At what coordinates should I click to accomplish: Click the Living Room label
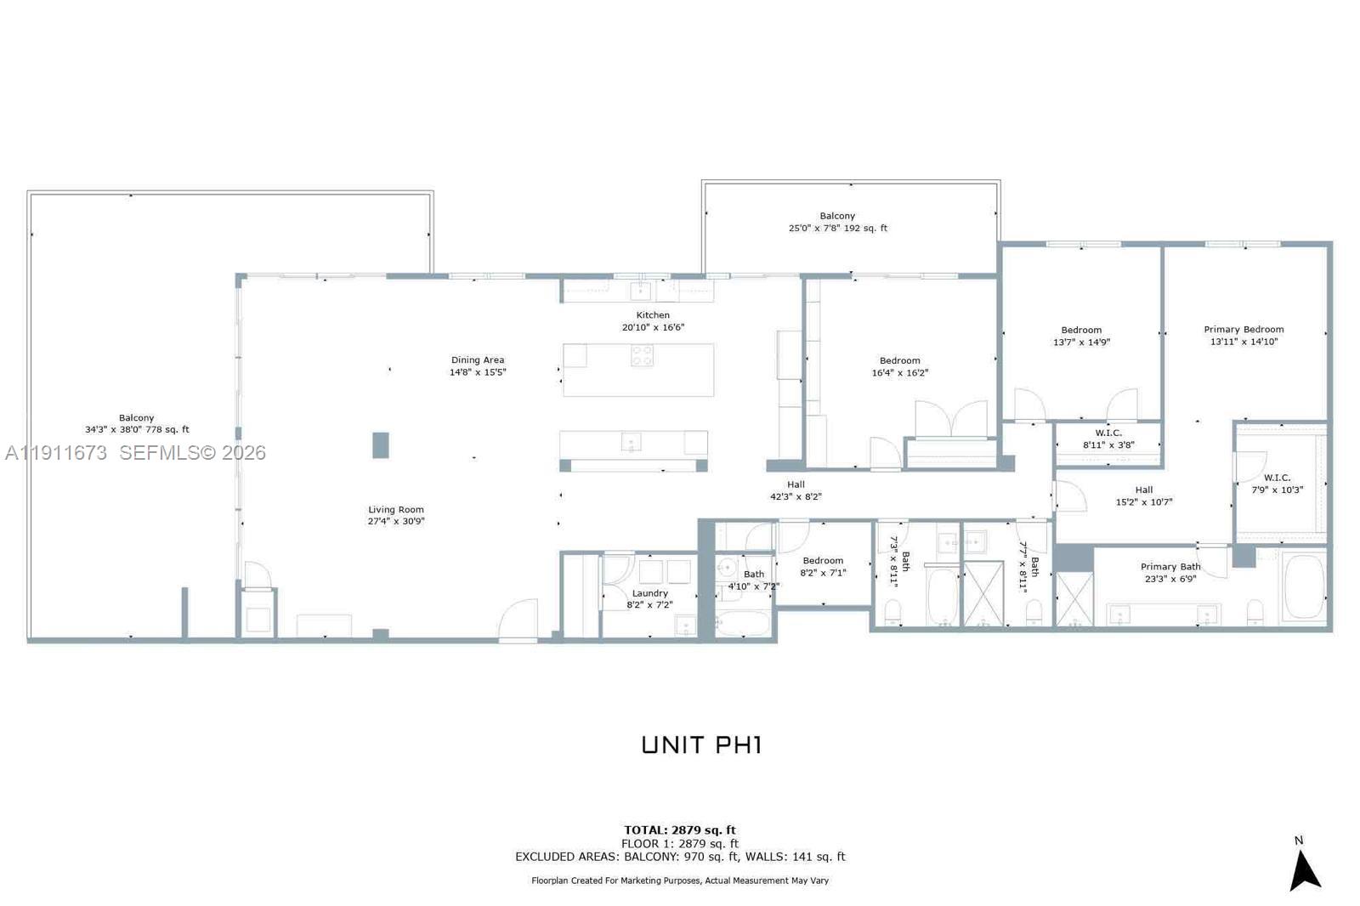[396, 510]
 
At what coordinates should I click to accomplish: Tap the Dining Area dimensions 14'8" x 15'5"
[478, 372]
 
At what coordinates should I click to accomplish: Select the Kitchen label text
[653, 315]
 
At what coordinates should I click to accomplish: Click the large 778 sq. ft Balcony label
[137, 423]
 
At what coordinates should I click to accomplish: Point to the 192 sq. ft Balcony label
[837, 222]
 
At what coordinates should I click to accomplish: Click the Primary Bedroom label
[1244, 330]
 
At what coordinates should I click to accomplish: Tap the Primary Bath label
[1170, 567]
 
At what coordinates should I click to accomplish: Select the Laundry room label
[650, 593]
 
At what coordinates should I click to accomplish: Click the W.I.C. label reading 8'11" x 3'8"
[1108, 439]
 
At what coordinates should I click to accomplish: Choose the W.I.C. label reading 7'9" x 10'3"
[1277, 484]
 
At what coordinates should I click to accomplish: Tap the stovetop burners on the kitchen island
[643, 356]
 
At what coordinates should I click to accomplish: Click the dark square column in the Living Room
[381, 445]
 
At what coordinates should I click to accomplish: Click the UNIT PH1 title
[701, 745]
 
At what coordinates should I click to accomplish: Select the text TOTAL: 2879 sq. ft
[680, 830]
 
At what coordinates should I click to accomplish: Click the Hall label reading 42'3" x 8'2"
[796, 490]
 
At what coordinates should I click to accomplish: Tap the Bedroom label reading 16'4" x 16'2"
[899, 366]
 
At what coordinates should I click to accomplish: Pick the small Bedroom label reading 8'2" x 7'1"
[823, 567]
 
